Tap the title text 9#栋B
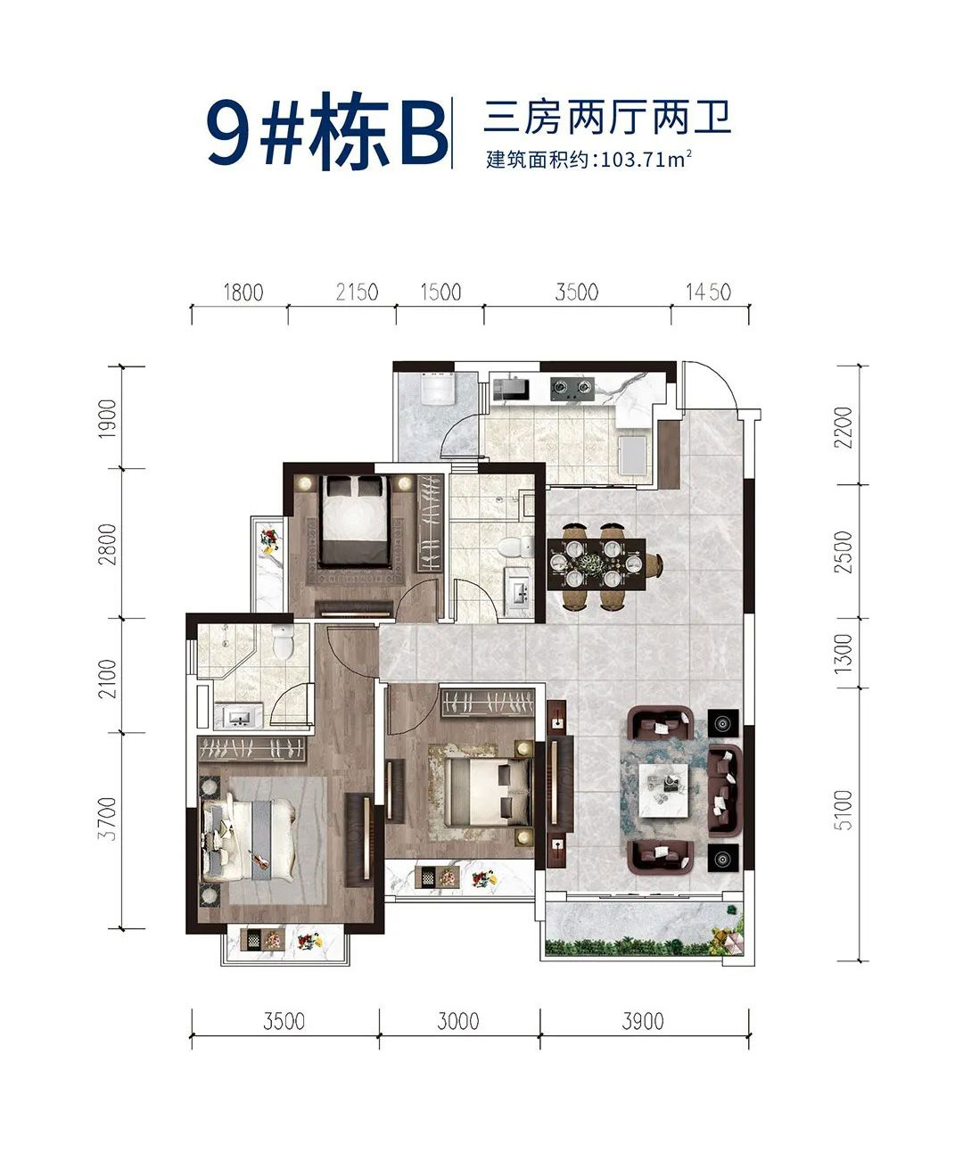coord(326,133)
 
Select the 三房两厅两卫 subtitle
coord(606,118)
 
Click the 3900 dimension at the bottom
coord(642,1020)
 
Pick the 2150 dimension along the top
coord(356,292)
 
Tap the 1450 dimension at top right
coord(708,292)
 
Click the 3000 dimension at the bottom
coord(458,1020)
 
